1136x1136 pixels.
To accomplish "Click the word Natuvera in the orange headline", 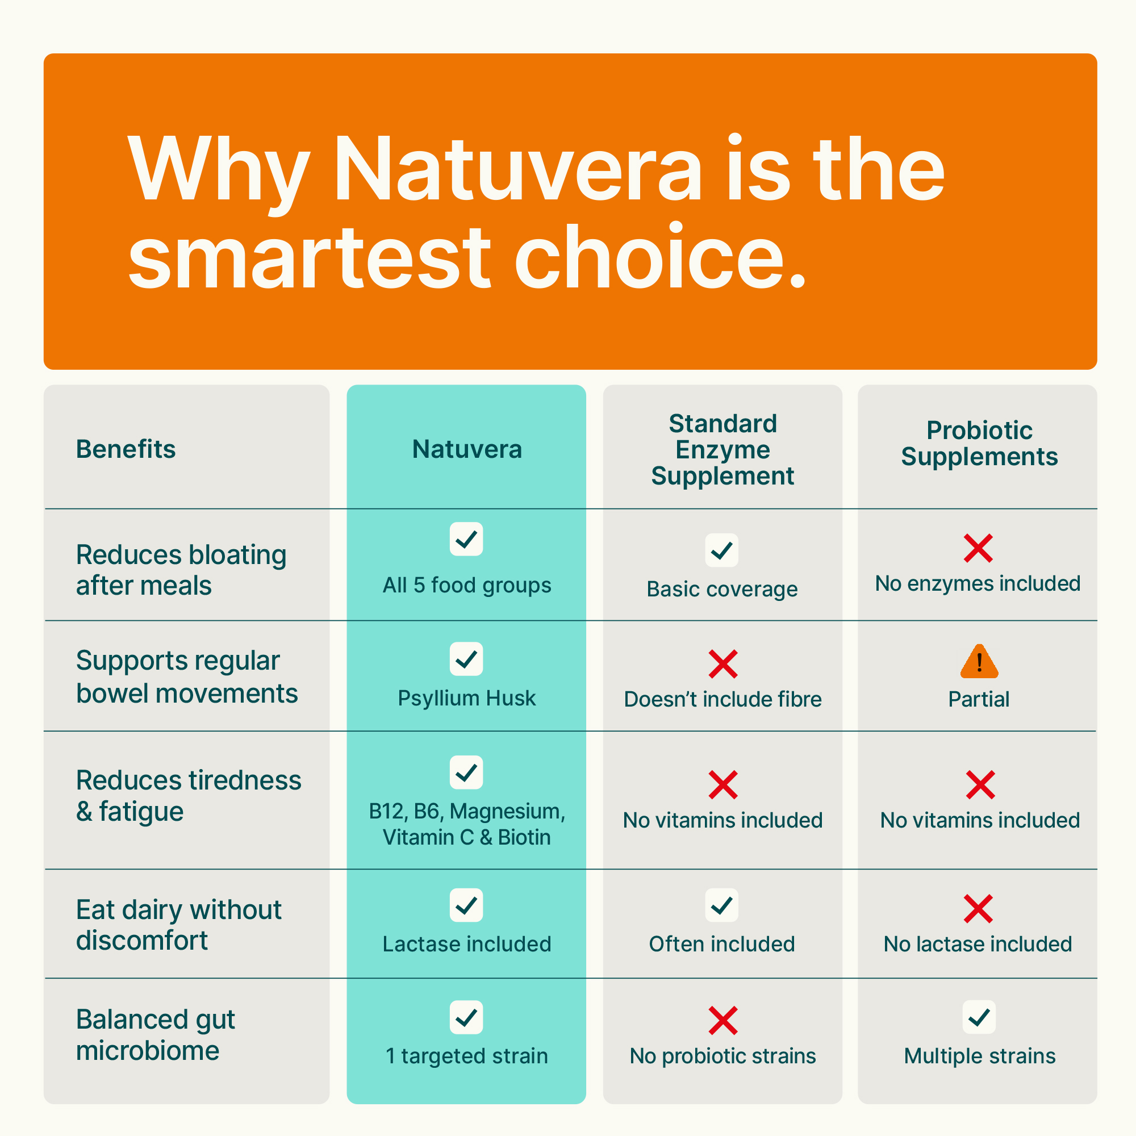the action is coord(518,170).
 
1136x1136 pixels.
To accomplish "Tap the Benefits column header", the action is coord(126,449).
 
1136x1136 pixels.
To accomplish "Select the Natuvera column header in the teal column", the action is coord(467,449).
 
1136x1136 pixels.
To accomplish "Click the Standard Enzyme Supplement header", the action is coord(722,450).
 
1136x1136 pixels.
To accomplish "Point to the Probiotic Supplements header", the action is coord(980,444).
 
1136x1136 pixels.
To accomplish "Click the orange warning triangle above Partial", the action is coord(979,662).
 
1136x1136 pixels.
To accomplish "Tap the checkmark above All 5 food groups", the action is coord(466,539).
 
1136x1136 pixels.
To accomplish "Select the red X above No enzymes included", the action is coord(979,548).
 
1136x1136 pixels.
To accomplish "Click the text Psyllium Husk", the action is coord(467,699).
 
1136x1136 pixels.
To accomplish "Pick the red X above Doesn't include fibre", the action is coord(722,665).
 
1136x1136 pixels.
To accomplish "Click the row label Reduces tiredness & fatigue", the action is coord(189,796).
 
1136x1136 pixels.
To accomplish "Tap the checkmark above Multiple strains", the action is coord(979,1017).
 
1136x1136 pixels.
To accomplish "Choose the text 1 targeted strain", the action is coord(467,1056).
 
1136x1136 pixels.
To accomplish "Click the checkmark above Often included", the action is coord(722,905).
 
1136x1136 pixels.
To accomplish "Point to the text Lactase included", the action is coord(467,945).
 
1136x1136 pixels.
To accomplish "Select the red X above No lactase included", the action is coord(979,909).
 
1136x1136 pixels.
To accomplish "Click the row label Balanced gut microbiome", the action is coord(156,1035).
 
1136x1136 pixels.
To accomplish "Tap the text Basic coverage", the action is coord(722,590).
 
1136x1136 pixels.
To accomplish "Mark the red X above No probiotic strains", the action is coord(722,1021).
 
